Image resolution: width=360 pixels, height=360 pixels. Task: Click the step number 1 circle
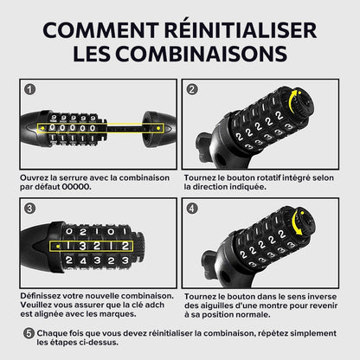pyautogui.click(x=29, y=89)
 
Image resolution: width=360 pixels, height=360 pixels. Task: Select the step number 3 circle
pyautogui.click(x=29, y=209)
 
